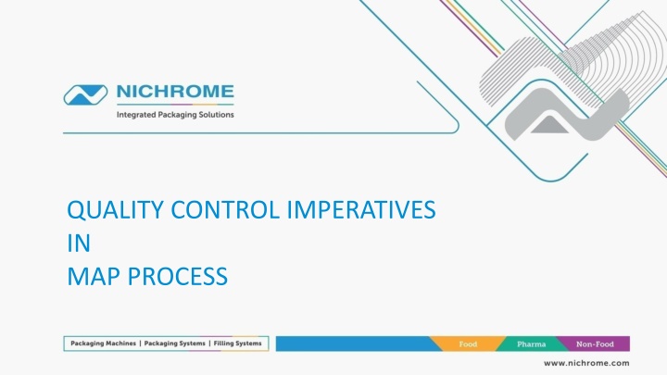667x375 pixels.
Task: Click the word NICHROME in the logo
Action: (175, 92)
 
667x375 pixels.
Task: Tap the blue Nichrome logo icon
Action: (85, 94)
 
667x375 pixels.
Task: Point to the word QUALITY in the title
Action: (115, 210)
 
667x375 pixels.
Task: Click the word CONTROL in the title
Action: (225, 210)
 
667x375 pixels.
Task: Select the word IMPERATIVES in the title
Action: (361, 210)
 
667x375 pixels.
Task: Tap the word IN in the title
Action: (79, 244)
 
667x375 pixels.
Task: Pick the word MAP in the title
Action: (94, 276)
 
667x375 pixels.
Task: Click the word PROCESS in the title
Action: (178, 276)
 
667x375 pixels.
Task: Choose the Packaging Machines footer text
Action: (104, 344)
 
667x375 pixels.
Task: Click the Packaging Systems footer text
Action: (175, 344)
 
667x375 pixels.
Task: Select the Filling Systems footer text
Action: (237, 344)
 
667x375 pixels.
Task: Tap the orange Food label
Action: (468, 344)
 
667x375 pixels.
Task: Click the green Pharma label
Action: (532, 344)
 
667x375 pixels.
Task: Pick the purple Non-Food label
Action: (595, 344)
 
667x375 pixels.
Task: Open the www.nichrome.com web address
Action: (586, 363)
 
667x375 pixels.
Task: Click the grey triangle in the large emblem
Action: (549, 125)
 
